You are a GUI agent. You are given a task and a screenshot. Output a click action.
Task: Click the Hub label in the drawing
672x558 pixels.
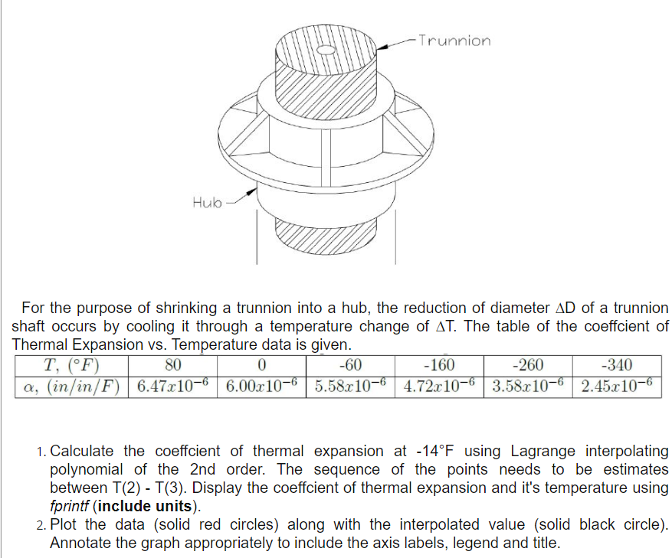tap(207, 202)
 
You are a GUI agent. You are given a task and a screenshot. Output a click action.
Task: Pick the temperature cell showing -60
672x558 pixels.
tap(349, 365)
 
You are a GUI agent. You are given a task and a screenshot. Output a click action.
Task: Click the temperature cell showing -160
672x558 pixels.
tap(439, 365)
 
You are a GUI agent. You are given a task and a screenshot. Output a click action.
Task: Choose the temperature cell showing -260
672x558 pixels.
tap(528, 365)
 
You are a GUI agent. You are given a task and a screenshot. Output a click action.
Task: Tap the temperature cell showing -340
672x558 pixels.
tap(616, 365)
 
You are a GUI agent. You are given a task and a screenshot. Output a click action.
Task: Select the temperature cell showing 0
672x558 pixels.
tap(262, 365)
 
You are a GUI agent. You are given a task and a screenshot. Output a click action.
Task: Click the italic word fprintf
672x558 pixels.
tap(71, 507)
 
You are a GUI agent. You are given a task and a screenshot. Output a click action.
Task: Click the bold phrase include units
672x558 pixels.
tap(149, 507)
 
